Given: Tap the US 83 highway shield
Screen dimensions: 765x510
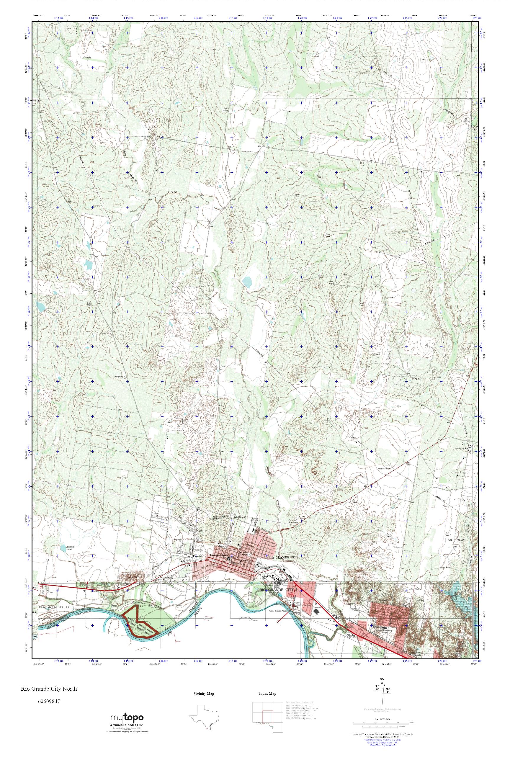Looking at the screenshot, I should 41,586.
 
